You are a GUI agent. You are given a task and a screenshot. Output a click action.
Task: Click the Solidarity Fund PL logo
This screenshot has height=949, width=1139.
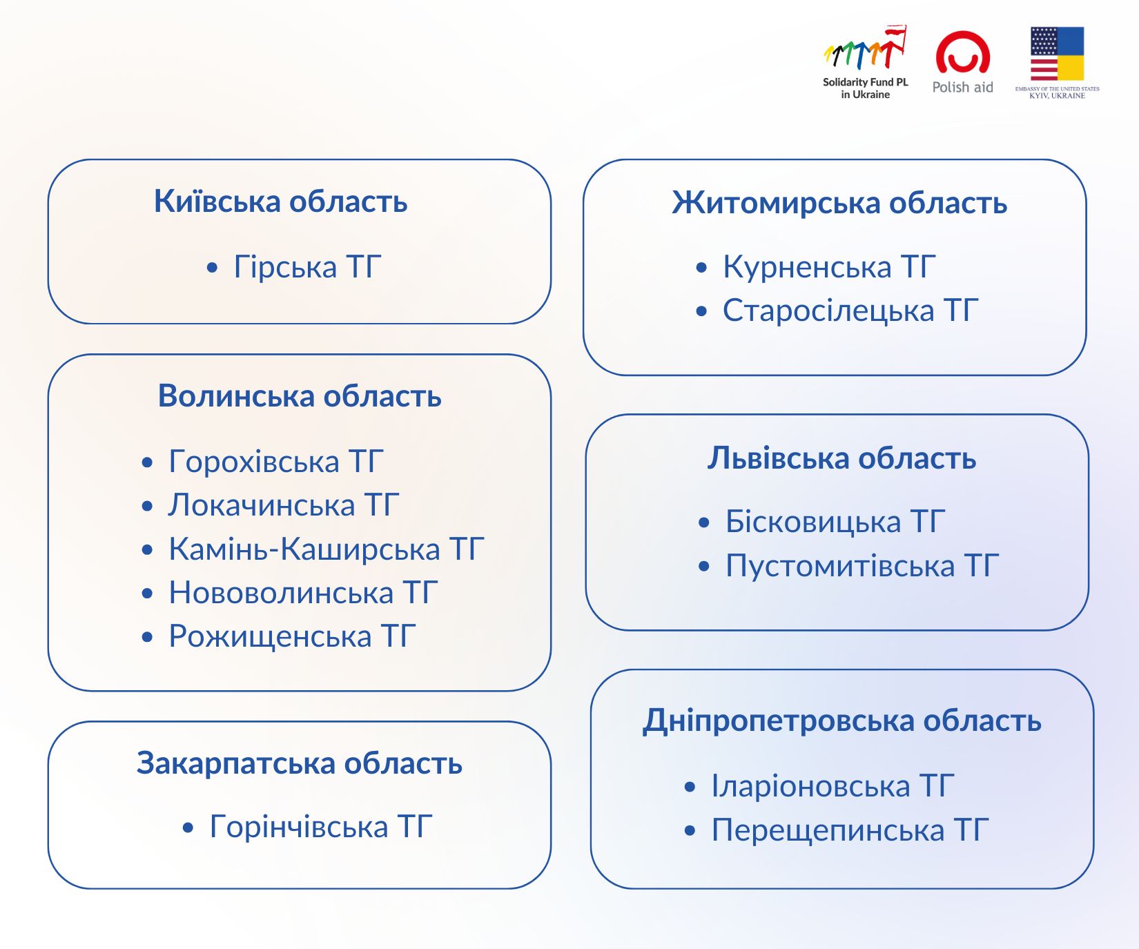coord(865,62)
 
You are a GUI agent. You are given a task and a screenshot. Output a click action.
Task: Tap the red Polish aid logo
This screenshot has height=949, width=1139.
coord(962,62)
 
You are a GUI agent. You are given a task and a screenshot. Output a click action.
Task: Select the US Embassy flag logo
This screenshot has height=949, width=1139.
coord(1057,63)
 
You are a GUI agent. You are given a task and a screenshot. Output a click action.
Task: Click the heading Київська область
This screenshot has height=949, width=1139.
coord(280,202)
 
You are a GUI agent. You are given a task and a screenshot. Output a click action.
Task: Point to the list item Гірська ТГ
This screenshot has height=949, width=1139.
coord(307,266)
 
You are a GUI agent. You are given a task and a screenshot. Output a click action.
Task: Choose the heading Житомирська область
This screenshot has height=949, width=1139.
coord(839,203)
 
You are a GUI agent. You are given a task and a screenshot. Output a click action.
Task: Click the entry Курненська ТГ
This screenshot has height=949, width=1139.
coord(829,267)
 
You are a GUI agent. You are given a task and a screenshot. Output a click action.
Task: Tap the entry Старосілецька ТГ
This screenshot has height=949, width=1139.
coord(850,311)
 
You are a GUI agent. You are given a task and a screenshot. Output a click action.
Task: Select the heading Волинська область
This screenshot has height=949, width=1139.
coord(300,396)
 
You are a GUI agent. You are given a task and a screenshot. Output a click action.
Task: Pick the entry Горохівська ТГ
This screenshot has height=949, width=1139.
coord(276,461)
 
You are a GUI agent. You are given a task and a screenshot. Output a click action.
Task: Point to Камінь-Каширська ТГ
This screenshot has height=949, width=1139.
coord(327,549)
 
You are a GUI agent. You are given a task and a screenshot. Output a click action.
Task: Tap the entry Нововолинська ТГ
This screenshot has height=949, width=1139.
coord(303,593)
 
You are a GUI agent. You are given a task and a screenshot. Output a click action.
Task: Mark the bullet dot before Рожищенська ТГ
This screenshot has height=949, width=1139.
coord(147,637)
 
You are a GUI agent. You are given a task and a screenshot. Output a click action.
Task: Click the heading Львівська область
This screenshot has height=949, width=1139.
coord(841,458)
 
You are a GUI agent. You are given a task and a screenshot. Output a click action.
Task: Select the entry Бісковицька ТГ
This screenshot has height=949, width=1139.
coord(835,522)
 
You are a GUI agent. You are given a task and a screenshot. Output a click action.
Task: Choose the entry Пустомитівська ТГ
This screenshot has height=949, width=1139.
coord(862,566)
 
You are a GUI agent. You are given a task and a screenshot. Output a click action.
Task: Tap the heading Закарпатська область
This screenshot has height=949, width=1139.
coord(300,763)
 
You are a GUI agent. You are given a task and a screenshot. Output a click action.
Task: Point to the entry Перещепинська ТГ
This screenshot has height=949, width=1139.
coord(850,830)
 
